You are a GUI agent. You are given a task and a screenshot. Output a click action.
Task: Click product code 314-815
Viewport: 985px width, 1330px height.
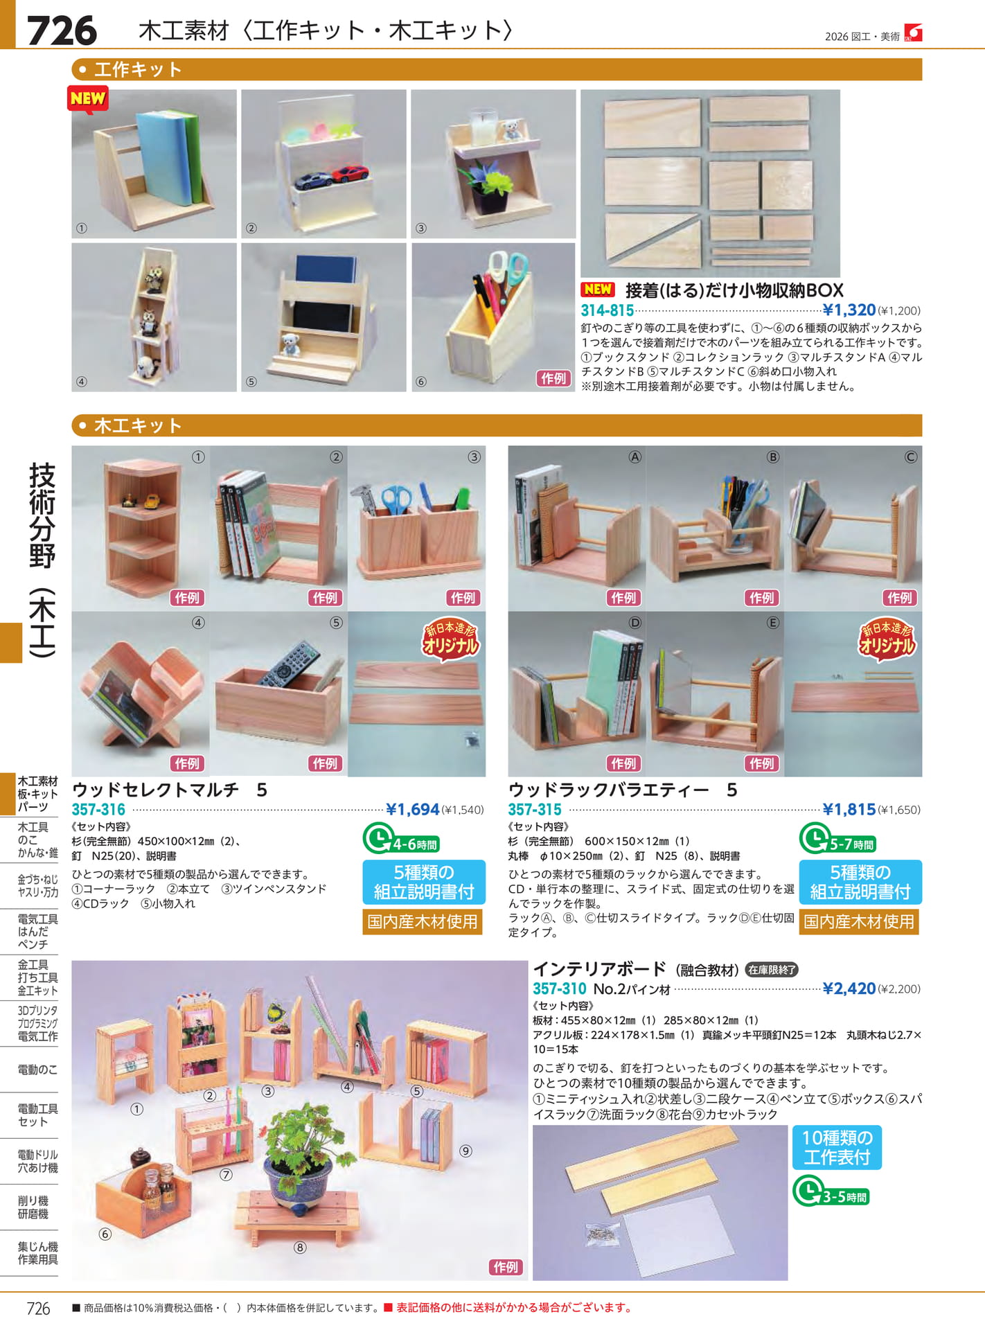tap(607, 310)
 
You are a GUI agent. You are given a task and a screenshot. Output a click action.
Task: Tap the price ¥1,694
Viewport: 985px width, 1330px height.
tap(412, 809)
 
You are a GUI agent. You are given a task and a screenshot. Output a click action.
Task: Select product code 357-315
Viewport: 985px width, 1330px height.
tap(535, 809)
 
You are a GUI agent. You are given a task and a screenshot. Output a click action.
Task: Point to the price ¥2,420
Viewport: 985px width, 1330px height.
tap(849, 988)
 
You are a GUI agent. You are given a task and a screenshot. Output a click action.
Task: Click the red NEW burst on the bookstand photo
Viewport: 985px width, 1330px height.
tap(87, 99)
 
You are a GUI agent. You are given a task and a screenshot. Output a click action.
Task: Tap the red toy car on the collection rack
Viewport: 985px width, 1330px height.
tap(349, 173)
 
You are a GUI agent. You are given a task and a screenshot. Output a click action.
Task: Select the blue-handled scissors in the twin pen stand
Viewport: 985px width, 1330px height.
tap(397, 499)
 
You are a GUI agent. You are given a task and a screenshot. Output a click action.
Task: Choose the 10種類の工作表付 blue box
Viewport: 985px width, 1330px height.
tap(837, 1147)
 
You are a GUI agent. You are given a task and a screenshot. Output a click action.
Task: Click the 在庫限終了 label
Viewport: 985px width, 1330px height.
tap(772, 970)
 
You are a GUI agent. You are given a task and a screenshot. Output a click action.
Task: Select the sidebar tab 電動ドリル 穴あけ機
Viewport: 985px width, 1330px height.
tap(37, 1161)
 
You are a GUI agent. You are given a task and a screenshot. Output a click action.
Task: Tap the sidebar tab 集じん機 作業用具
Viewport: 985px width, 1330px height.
tap(37, 1253)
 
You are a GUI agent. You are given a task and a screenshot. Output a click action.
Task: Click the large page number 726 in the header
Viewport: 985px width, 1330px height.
tap(62, 31)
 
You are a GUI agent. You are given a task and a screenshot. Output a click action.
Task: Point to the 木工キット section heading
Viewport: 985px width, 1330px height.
tap(138, 425)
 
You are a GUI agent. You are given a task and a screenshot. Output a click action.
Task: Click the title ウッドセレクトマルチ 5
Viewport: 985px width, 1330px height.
tap(170, 790)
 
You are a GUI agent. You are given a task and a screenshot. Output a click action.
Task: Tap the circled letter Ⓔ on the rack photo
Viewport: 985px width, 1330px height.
tap(773, 623)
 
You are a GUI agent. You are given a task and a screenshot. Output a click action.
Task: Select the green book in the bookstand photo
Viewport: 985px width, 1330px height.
tap(193, 159)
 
